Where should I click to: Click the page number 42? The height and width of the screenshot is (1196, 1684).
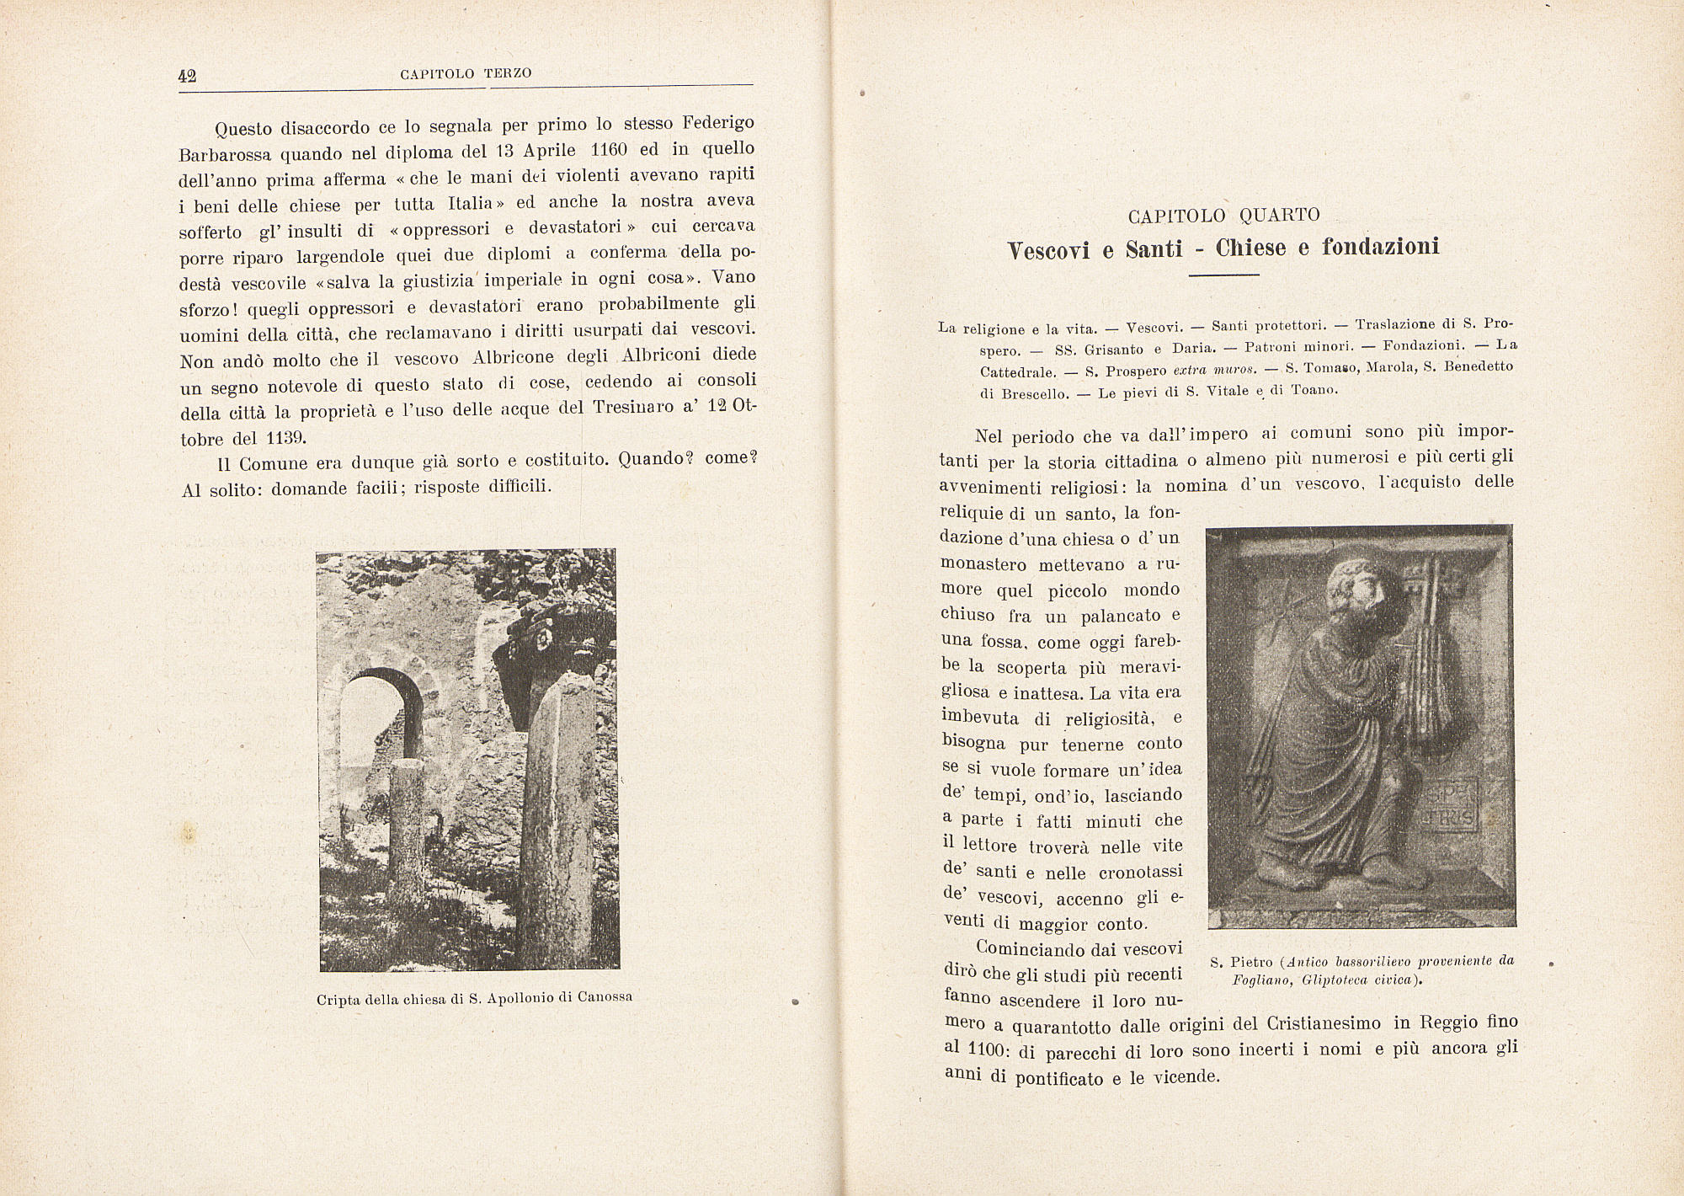[x=187, y=75]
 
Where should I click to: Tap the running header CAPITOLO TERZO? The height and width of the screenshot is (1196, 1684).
[x=466, y=73]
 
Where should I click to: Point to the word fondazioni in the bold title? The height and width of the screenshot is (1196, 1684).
[x=1381, y=247]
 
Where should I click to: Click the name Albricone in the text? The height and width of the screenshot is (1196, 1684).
[x=513, y=356]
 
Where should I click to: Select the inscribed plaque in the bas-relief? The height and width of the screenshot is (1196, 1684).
[x=1452, y=805]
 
